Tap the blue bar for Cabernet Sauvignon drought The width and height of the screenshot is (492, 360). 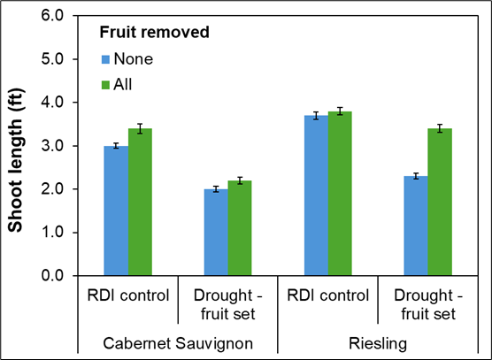click(x=216, y=232)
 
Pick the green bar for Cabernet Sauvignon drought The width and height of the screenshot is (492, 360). click(x=240, y=227)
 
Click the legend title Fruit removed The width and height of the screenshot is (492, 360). click(x=153, y=34)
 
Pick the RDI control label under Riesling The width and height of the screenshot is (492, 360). click(x=328, y=295)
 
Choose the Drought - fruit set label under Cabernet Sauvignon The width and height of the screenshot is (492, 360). click(x=228, y=303)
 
